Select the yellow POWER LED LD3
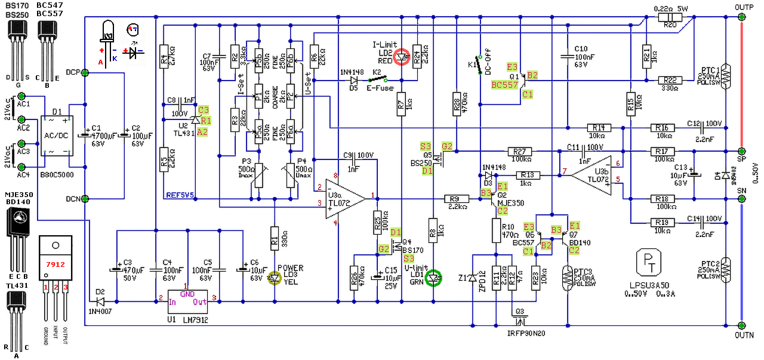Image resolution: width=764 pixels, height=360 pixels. pyautogui.click(x=275, y=278)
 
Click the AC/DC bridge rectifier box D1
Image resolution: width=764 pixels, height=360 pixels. pyautogui.click(x=56, y=137)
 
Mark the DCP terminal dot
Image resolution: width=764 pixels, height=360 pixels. pyautogui.click(x=85, y=73)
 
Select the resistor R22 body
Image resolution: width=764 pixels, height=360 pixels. pyautogui.click(x=670, y=80)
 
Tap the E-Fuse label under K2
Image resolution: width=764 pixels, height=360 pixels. pyautogui.click(x=377, y=87)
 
